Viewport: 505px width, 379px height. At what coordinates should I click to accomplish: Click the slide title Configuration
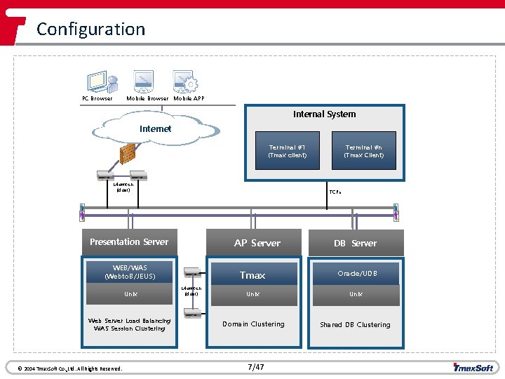pyautogui.click(x=90, y=29)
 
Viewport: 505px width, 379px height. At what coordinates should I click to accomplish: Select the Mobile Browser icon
pyautogui.click(x=144, y=81)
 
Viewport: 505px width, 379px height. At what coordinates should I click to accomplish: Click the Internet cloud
pyautogui.click(x=156, y=129)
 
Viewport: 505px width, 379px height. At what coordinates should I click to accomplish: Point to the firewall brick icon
pyautogui.click(x=127, y=153)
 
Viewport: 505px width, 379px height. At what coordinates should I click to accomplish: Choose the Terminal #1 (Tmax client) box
pyautogui.click(x=287, y=150)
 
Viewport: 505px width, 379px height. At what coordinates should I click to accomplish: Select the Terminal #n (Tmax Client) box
pyautogui.click(x=363, y=150)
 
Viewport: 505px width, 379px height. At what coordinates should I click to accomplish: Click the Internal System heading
pyautogui.click(x=324, y=114)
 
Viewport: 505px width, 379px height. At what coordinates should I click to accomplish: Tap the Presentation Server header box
pyautogui.click(x=129, y=242)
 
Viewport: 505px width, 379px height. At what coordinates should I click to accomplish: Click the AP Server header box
pyautogui.click(x=257, y=243)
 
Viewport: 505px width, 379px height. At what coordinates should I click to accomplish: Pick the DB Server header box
pyautogui.click(x=356, y=243)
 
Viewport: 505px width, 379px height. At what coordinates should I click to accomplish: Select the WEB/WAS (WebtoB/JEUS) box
pyautogui.click(x=130, y=272)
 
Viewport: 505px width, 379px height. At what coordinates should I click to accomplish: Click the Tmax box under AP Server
pyautogui.click(x=252, y=274)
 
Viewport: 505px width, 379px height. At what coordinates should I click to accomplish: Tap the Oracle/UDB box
pyautogui.click(x=357, y=273)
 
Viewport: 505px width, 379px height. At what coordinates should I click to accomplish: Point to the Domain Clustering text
pyautogui.click(x=253, y=324)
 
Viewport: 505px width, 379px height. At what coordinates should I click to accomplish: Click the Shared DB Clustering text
pyautogui.click(x=355, y=325)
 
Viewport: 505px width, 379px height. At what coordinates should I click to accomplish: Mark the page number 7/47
pyautogui.click(x=256, y=367)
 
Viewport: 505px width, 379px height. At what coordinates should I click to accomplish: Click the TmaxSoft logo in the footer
pyautogui.click(x=473, y=367)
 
